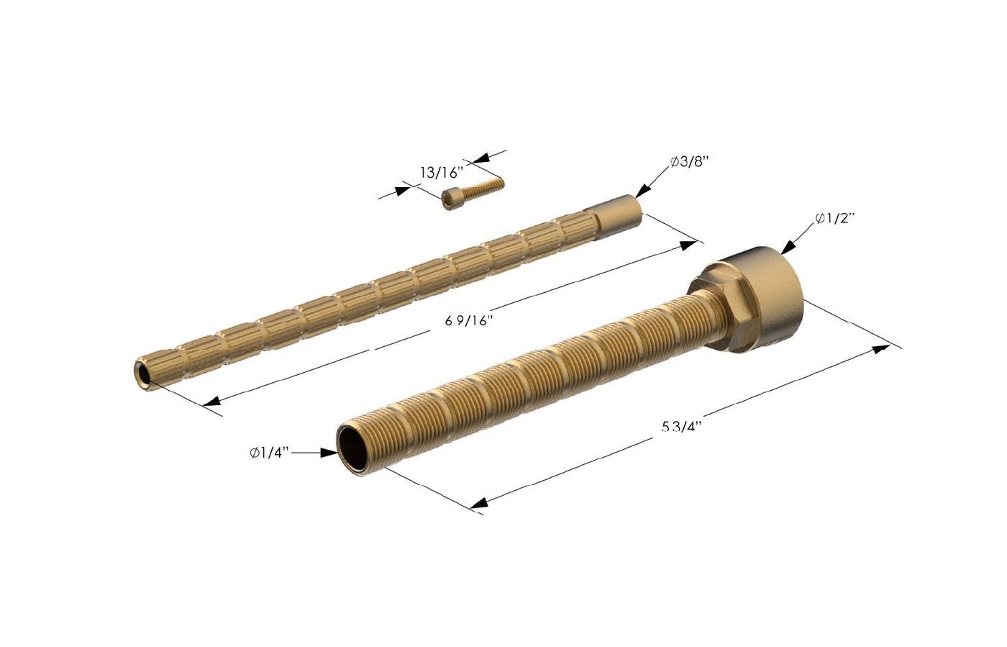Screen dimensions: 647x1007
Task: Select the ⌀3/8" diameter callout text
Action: pyautogui.click(x=689, y=162)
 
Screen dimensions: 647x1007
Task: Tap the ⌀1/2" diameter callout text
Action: pyautogui.click(x=834, y=218)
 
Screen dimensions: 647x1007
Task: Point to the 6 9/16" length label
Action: pyautogui.click(x=468, y=321)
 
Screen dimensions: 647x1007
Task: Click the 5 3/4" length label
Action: pyautogui.click(x=681, y=427)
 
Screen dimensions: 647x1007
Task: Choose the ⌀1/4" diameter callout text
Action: pyautogui.click(x=270, y=453)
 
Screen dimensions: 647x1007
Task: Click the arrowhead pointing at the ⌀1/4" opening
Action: pyautogui.click(x=329, y=453)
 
